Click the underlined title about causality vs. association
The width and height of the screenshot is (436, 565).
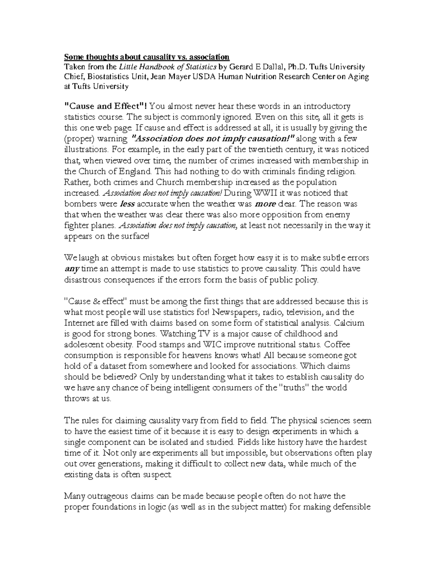point(147,57)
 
